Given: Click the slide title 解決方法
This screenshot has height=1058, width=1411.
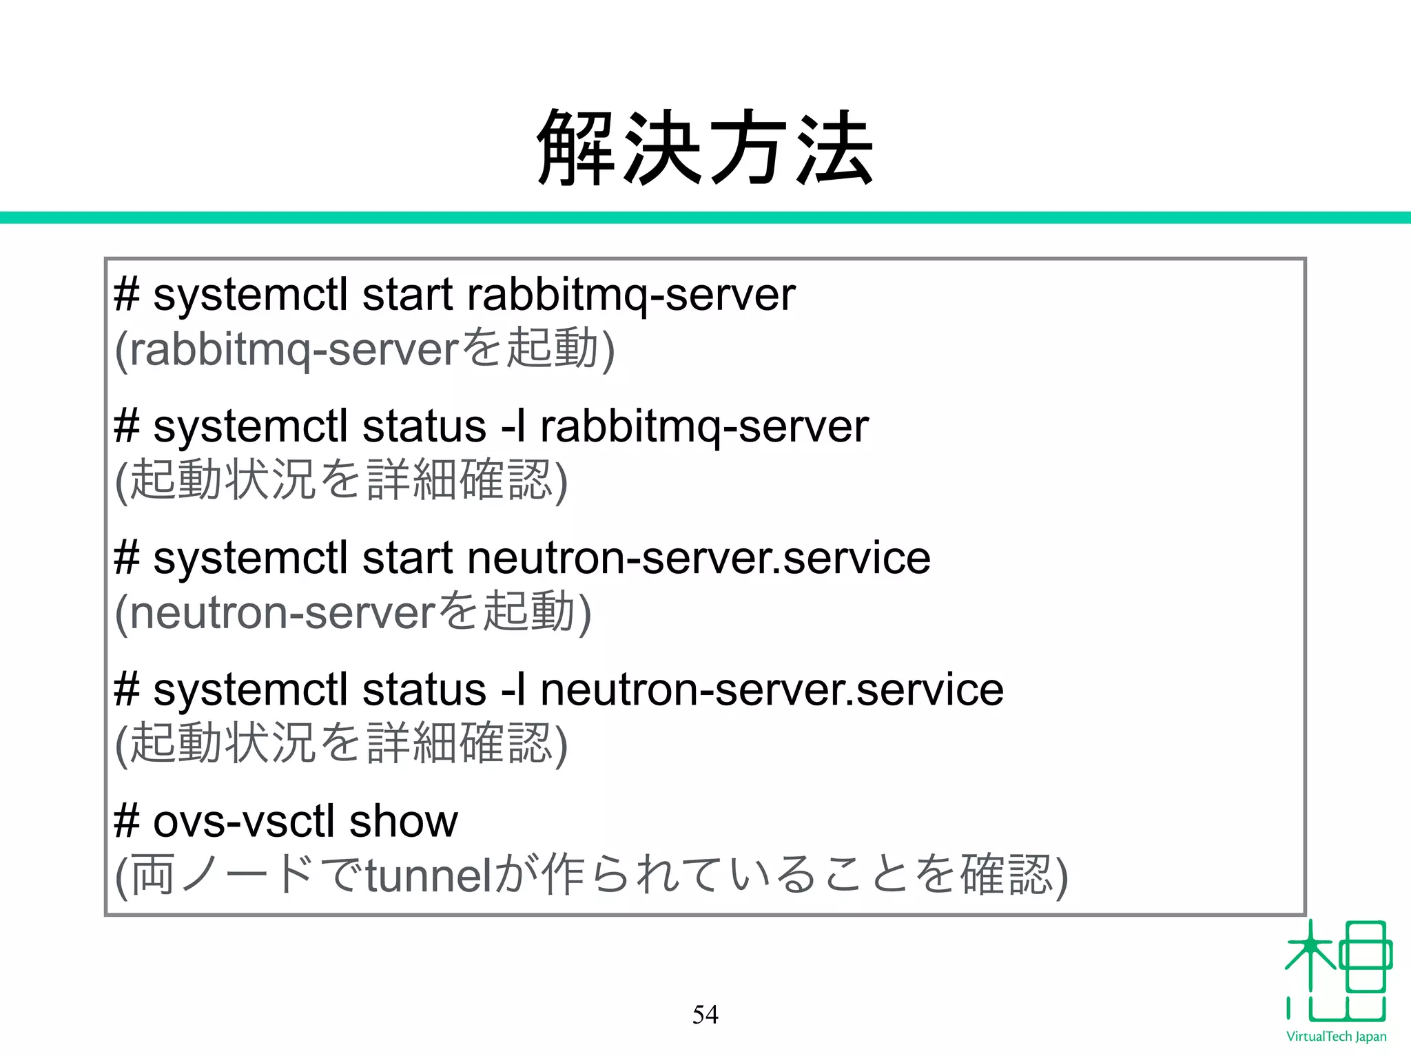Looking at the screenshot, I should click(705, 147).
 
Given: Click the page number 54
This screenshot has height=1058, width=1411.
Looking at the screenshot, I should click(705, 1015).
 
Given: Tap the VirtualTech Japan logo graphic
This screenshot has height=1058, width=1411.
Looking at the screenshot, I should click(1337, 972).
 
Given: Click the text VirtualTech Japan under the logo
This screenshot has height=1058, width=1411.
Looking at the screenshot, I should click(1336, 1037).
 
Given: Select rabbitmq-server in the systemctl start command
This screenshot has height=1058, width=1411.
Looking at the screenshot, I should click(630, 295).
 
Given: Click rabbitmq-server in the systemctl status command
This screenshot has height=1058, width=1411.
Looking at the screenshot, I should click(703, 426).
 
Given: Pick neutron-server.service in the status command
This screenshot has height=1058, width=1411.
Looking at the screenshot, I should click(771, 689).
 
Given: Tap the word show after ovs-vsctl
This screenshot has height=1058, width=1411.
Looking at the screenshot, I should click(403, 821).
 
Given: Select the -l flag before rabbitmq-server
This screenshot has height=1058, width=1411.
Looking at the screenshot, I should click(514, 426).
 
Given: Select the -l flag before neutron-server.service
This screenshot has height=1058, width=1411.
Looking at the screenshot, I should click(514, 689).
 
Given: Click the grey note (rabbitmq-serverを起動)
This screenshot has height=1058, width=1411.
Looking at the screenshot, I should click(364, 349).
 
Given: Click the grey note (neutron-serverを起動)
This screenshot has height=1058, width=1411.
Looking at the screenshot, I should click(353, 612).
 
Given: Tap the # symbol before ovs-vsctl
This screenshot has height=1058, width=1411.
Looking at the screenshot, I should click(127, 821).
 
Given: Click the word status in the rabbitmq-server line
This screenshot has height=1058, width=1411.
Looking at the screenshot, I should click(424, 426).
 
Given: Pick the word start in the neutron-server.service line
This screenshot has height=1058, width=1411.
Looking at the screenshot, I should click(407, 558).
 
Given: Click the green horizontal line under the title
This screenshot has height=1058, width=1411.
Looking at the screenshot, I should click(705, 218).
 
